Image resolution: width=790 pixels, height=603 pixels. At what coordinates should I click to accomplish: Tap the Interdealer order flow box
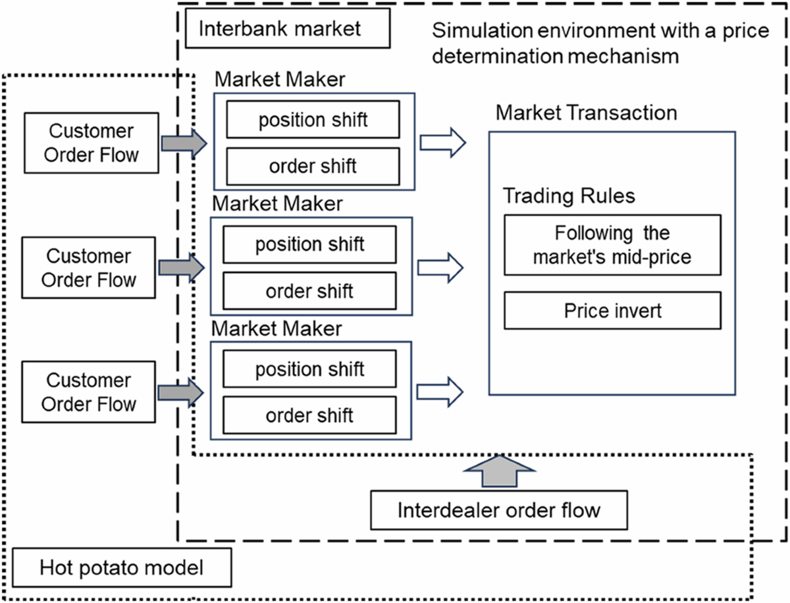(499, 510)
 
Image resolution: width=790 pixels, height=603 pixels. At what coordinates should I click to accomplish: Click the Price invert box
(612, 310)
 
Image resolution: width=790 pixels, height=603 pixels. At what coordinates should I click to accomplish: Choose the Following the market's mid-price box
(612, 245)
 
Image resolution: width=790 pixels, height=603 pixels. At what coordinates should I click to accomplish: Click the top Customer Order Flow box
(91, 143)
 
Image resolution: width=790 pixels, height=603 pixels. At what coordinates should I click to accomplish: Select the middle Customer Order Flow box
(89, 268)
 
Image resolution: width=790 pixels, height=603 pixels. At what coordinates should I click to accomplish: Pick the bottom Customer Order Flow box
(89, 392)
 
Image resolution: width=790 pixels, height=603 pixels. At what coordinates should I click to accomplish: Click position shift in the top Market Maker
(313, 120)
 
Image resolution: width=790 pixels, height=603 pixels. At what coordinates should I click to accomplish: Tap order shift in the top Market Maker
(313, 166)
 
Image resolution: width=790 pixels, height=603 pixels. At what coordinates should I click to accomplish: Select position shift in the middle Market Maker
(309, 244)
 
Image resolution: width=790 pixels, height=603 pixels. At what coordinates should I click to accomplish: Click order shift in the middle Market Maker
(309, 290)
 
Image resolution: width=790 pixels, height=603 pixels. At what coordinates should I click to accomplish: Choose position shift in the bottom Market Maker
(309, 369)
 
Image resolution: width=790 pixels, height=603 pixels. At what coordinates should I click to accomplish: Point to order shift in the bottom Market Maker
(309, 415)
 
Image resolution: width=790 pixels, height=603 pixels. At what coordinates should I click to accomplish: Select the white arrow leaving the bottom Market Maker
(440, 392)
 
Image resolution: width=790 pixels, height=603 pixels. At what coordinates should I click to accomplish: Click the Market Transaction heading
(586, 113)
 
